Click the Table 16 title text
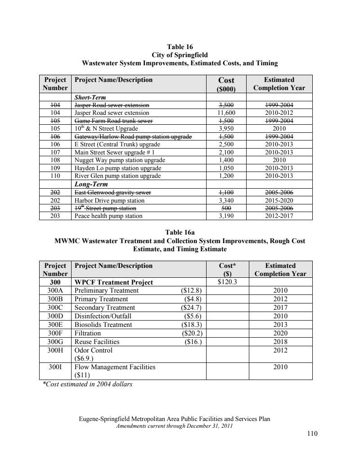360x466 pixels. coord(180,46)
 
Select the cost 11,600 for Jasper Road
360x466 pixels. coord(226,113)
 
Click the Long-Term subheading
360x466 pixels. coord(90,184)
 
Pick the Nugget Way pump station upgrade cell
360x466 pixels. coord(119,160)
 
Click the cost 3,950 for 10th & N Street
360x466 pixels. coord(226,128)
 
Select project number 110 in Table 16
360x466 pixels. coord(57,175)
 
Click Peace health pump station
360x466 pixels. coord(108,216)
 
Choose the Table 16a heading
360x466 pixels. coord(180,233)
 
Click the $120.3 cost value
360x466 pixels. coord(227,282)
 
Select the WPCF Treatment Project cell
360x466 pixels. coord(113,283)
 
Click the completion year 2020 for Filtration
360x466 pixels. coord(280,334)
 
